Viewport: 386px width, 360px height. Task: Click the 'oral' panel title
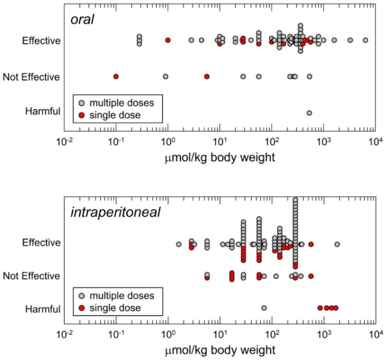pyautogui.click(x=83, y=20)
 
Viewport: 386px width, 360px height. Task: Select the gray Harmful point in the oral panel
pyautogui.click(x=309, y=112)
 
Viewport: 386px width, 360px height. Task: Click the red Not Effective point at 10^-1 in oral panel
pyautogui.click(x=116, y=76)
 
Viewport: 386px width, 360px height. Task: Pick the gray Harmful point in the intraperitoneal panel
pyautogui.click(x=265, y=308)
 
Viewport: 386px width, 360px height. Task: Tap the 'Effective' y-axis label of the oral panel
pyautogui.click(x=41, y=40)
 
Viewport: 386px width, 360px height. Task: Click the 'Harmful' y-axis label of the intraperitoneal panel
pyautogui.click(x=43, y=309)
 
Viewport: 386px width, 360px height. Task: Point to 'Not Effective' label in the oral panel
pyautogui.click(x=32, y=77)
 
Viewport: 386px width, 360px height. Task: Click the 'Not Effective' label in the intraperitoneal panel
pyautogui.click(x=32, y=276)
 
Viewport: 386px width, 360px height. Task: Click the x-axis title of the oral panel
pyautogui.click(x=220, y=157)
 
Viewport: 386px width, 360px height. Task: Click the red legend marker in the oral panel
pyautogui.click(x=82, y=115)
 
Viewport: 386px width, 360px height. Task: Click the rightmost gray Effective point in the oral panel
pyautogui.click(x=366, y=40)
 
